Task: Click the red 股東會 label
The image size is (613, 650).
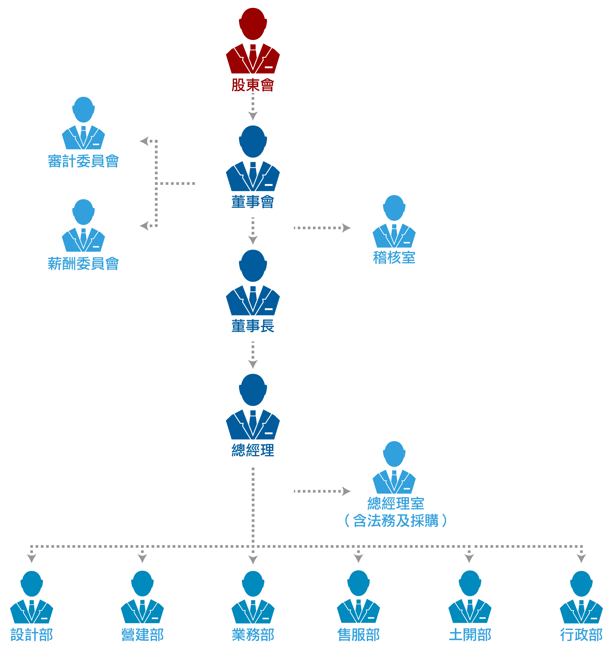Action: click(x=253, y=85)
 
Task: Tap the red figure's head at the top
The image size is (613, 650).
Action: click(x=253, y=24)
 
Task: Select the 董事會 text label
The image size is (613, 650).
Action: click(x=253, y=202)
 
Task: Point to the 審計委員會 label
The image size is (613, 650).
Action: click(x=83, y=161)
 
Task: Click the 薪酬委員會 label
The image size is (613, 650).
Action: click(x=83, y=263)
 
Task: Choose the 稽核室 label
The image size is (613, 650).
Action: click(x=394, y=258)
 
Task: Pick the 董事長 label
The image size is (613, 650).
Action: click(x=253, y=326)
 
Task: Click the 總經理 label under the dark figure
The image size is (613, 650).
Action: click(x=253, y=450)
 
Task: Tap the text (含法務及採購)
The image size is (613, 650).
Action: click(x=396, y=520)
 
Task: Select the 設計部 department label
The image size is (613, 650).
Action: click(x=32, y=635)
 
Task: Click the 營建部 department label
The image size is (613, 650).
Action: click(x=142, y=635)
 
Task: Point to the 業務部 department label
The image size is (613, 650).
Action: click(x=253, y=635)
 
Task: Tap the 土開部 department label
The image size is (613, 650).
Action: click(x=470, y=635)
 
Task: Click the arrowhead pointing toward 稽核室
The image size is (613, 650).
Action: click(x=346, y=228)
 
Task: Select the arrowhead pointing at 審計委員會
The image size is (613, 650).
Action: click(x=144, y=141)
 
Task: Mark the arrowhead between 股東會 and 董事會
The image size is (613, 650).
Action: click(x=253, y=116)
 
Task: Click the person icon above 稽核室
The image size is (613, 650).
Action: click(x=394, y=222)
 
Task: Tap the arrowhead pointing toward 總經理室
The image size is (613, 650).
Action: click(x=346, y=491)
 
